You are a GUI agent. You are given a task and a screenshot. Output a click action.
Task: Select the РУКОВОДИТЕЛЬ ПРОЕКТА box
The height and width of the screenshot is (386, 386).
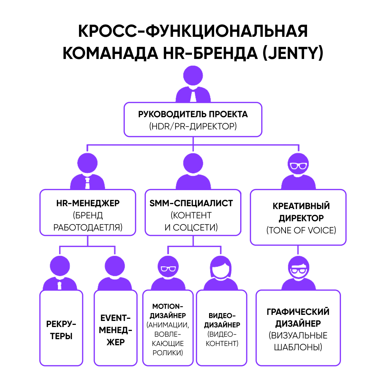(x=193, y=120)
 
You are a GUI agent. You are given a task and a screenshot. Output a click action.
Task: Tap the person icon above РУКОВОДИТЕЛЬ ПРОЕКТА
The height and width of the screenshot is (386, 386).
(x=193, y=84)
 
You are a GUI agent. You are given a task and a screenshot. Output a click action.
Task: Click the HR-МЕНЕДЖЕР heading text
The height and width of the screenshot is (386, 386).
(x=88, y=203)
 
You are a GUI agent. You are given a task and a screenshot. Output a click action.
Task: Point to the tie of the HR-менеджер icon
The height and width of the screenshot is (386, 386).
(x=88, y=184)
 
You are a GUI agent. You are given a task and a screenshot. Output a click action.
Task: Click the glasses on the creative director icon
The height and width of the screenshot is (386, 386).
(x=298, y=166)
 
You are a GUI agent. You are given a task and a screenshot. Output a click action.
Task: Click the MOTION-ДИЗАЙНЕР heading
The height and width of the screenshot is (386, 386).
(x=168, y=311)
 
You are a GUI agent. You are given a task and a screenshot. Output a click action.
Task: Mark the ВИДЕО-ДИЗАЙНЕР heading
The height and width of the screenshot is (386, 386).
(x=222, y=320)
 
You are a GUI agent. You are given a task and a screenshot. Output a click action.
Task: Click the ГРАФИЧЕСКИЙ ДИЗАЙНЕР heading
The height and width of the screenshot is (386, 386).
(x=298, y=318)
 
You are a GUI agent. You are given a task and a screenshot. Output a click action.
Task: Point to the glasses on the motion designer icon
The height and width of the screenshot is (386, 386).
(x=167, y=269)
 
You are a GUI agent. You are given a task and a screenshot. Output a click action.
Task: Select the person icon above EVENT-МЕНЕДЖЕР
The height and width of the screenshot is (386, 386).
(x=115, y=272)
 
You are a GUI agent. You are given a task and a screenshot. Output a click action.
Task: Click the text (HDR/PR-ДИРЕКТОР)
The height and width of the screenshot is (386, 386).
(x=193, y=126)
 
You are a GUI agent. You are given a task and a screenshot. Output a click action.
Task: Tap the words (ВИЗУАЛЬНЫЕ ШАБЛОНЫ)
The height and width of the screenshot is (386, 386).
(x=298, y=341)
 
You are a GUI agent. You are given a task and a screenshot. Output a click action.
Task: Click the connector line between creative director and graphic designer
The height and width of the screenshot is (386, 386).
(x=298, y=251)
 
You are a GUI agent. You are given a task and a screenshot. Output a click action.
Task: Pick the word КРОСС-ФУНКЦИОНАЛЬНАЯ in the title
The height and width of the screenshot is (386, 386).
(x=193, y=31)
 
